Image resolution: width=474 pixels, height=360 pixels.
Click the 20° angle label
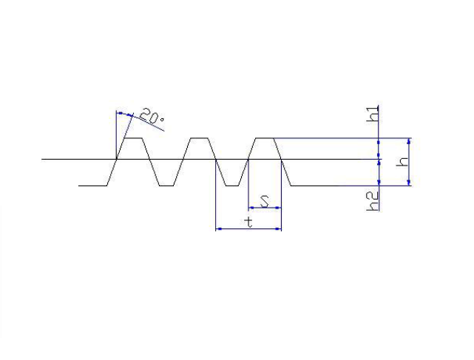coord(152,117)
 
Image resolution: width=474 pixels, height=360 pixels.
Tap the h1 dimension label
coord(373,114)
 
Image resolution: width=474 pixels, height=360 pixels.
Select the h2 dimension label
coord(373,202)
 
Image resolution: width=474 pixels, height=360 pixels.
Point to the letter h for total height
coord(403,162)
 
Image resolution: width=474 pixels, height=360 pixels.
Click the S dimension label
coord(265,201)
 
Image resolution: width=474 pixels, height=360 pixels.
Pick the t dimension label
coord(248,223)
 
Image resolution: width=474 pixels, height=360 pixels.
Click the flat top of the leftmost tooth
coord(133,138)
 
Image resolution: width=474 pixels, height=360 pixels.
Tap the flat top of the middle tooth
coord(200,138)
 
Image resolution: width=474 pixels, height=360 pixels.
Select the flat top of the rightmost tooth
coord(265,138)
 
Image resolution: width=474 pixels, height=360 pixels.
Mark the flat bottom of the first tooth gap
coord(166,186)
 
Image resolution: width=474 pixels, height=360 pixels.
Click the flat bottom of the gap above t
coord(232,186)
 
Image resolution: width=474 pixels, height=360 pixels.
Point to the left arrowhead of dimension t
coord(219,229)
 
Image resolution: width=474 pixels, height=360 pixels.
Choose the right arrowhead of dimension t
coord(278,229)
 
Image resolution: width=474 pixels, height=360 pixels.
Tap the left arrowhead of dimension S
coord(251,208)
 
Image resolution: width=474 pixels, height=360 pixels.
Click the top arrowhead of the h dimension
coord(409,141)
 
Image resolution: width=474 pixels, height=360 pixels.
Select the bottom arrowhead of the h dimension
coord(409,183)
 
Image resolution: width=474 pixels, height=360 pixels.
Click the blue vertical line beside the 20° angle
coord(116,135)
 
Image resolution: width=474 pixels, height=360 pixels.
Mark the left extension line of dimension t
coord(215,195)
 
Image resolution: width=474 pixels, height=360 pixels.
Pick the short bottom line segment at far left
coord(92,186)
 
